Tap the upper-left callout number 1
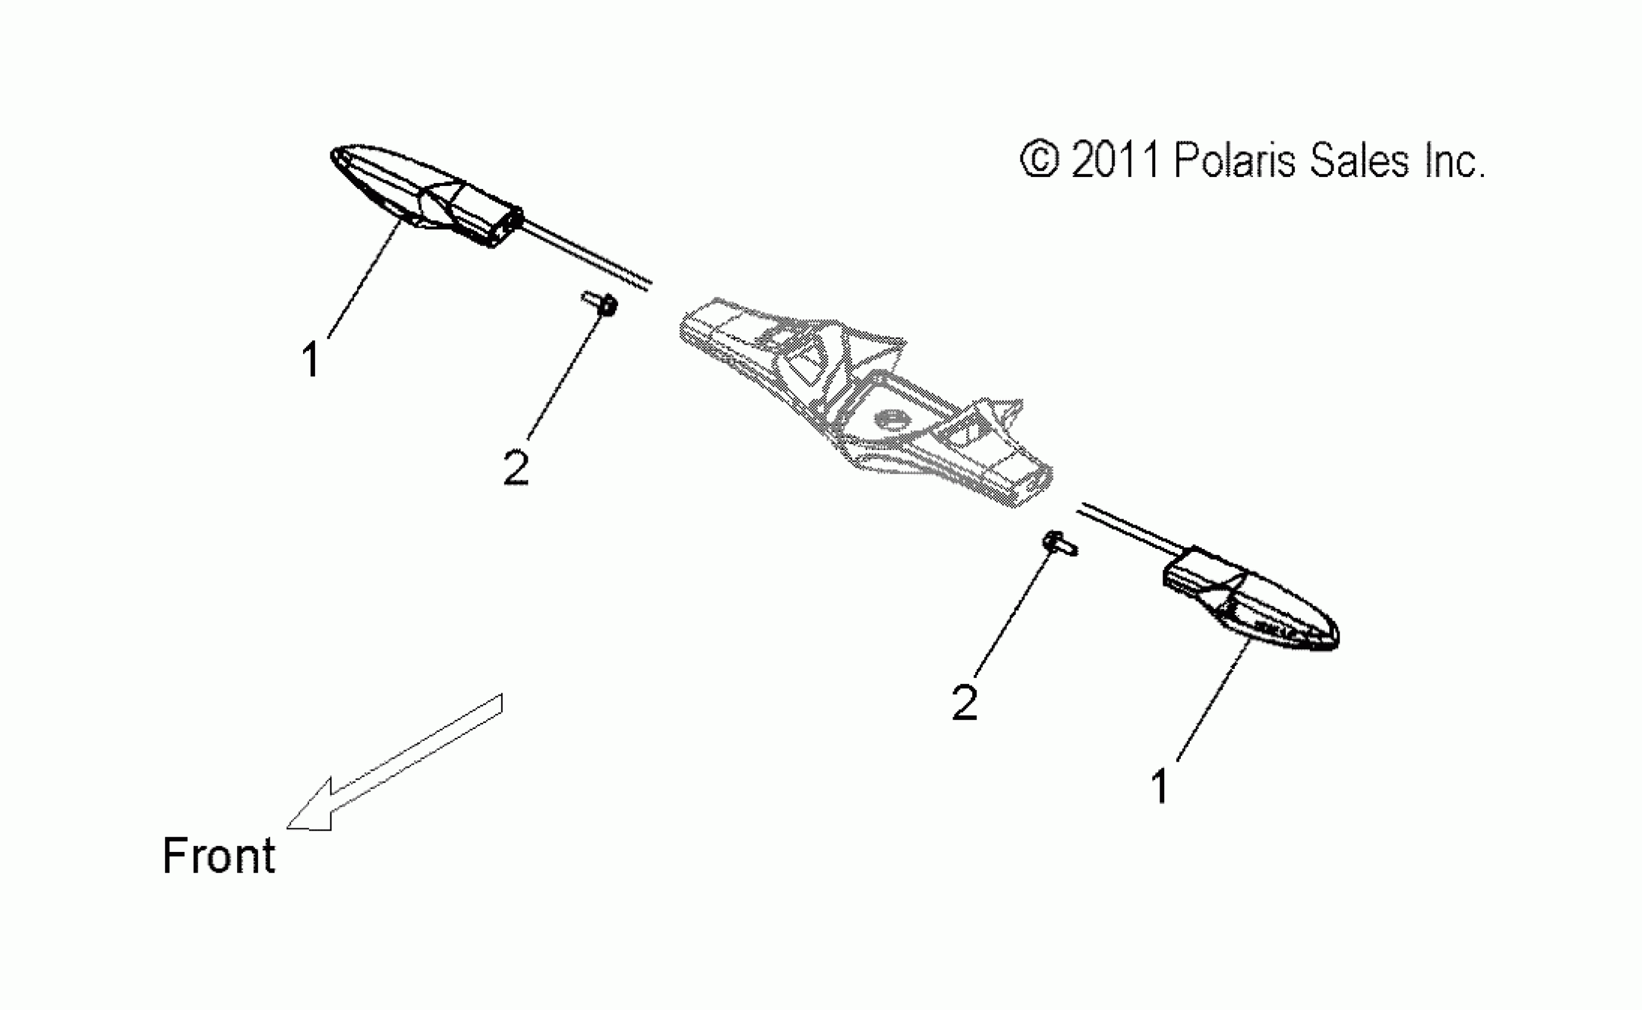pos(311,359)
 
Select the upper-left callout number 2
pos(516,468)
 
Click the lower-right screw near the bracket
pos(1060,543)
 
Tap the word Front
pos(219,856)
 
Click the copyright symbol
pos(1039,160)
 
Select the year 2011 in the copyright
pos(1115,160)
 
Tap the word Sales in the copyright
pos(1360,160)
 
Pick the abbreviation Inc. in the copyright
pos(1454,160)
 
